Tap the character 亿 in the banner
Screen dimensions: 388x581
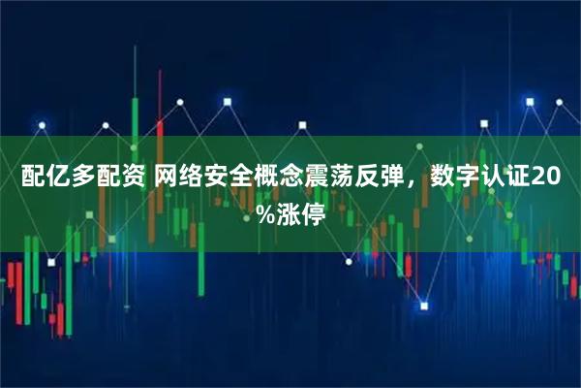[x=55, y=178]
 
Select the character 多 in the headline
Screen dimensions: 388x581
[x=79, y=178]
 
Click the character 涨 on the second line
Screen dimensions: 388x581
[x=287, y=210]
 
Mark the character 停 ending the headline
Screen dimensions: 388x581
[x=312, y=210]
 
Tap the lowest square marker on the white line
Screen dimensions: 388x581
[x=423, y=307]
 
